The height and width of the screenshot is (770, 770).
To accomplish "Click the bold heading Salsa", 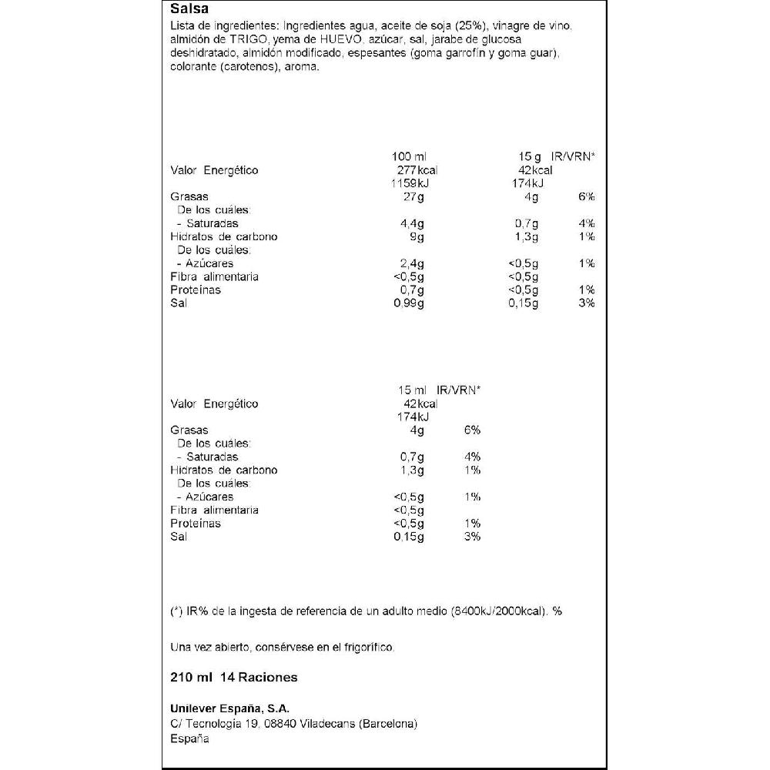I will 187,10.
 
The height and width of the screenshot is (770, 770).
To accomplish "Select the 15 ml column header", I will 408,390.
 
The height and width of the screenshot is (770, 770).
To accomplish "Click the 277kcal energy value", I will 417,170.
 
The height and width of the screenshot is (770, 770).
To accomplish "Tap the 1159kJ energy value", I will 413,183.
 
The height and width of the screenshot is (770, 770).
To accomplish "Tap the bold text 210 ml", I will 190,678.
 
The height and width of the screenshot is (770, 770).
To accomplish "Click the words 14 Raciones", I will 258,678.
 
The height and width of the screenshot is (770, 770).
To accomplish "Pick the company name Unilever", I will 192,708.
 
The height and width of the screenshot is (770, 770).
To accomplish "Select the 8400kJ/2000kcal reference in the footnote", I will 494,611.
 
